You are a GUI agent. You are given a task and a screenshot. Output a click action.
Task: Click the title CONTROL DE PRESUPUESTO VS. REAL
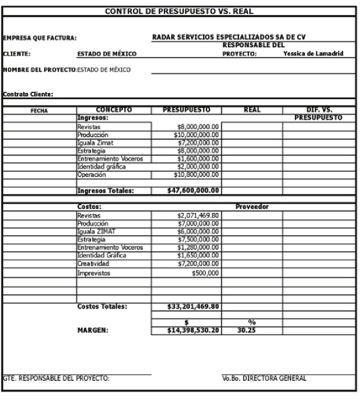[x=179, y=11]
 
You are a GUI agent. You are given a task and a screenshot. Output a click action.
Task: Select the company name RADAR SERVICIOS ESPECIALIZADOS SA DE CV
[x=233, y=37]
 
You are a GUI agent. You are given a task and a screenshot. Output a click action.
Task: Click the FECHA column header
[x=39, y=111]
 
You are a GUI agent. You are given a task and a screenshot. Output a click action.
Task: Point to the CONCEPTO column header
[x=113, y=110]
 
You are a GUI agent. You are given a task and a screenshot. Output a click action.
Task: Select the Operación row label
[x=91, y=175]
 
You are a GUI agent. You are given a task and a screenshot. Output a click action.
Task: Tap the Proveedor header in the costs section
[x=252, y=207]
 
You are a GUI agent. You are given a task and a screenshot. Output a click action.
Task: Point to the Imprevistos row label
[x=94, y=274]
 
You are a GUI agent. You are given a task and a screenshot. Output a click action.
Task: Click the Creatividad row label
[x=93, y=263]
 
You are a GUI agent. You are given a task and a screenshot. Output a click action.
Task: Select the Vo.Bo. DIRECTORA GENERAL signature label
[x=264, y=379]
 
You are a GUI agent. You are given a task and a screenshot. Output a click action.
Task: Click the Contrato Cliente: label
[x=28, y=94]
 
